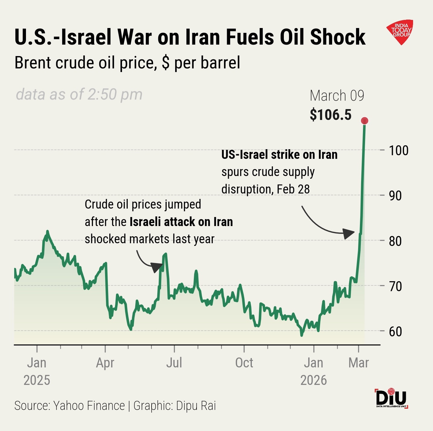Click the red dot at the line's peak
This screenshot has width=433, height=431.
tap(364, 121)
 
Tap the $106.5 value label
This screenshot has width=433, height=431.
tap(331, 115)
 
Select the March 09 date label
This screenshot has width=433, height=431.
tap(337, 96)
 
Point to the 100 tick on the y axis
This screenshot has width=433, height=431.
tap(398, 150)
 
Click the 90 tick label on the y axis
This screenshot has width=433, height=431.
tap(395, 196)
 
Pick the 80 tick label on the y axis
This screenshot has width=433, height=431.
tap(395, 241)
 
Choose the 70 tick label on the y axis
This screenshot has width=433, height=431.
tap(395, 286)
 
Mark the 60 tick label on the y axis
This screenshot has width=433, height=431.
tap(395, 331)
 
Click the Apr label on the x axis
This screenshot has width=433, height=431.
tap(105, 363)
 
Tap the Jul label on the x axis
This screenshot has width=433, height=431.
tap(174, 363)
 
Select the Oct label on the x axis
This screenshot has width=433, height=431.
tap(244, 363)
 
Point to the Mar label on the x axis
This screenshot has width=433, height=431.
tap(359, 363)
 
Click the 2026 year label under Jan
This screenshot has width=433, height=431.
tap(313, 380)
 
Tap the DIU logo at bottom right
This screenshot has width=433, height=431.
tap(391, 398)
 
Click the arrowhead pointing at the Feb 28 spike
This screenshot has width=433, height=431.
tap(349, 233)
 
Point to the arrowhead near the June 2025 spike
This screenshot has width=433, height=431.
tap(157, 266)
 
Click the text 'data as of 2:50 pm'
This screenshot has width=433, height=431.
tap(79, 94)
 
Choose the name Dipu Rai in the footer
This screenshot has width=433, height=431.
tap(196, 406)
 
